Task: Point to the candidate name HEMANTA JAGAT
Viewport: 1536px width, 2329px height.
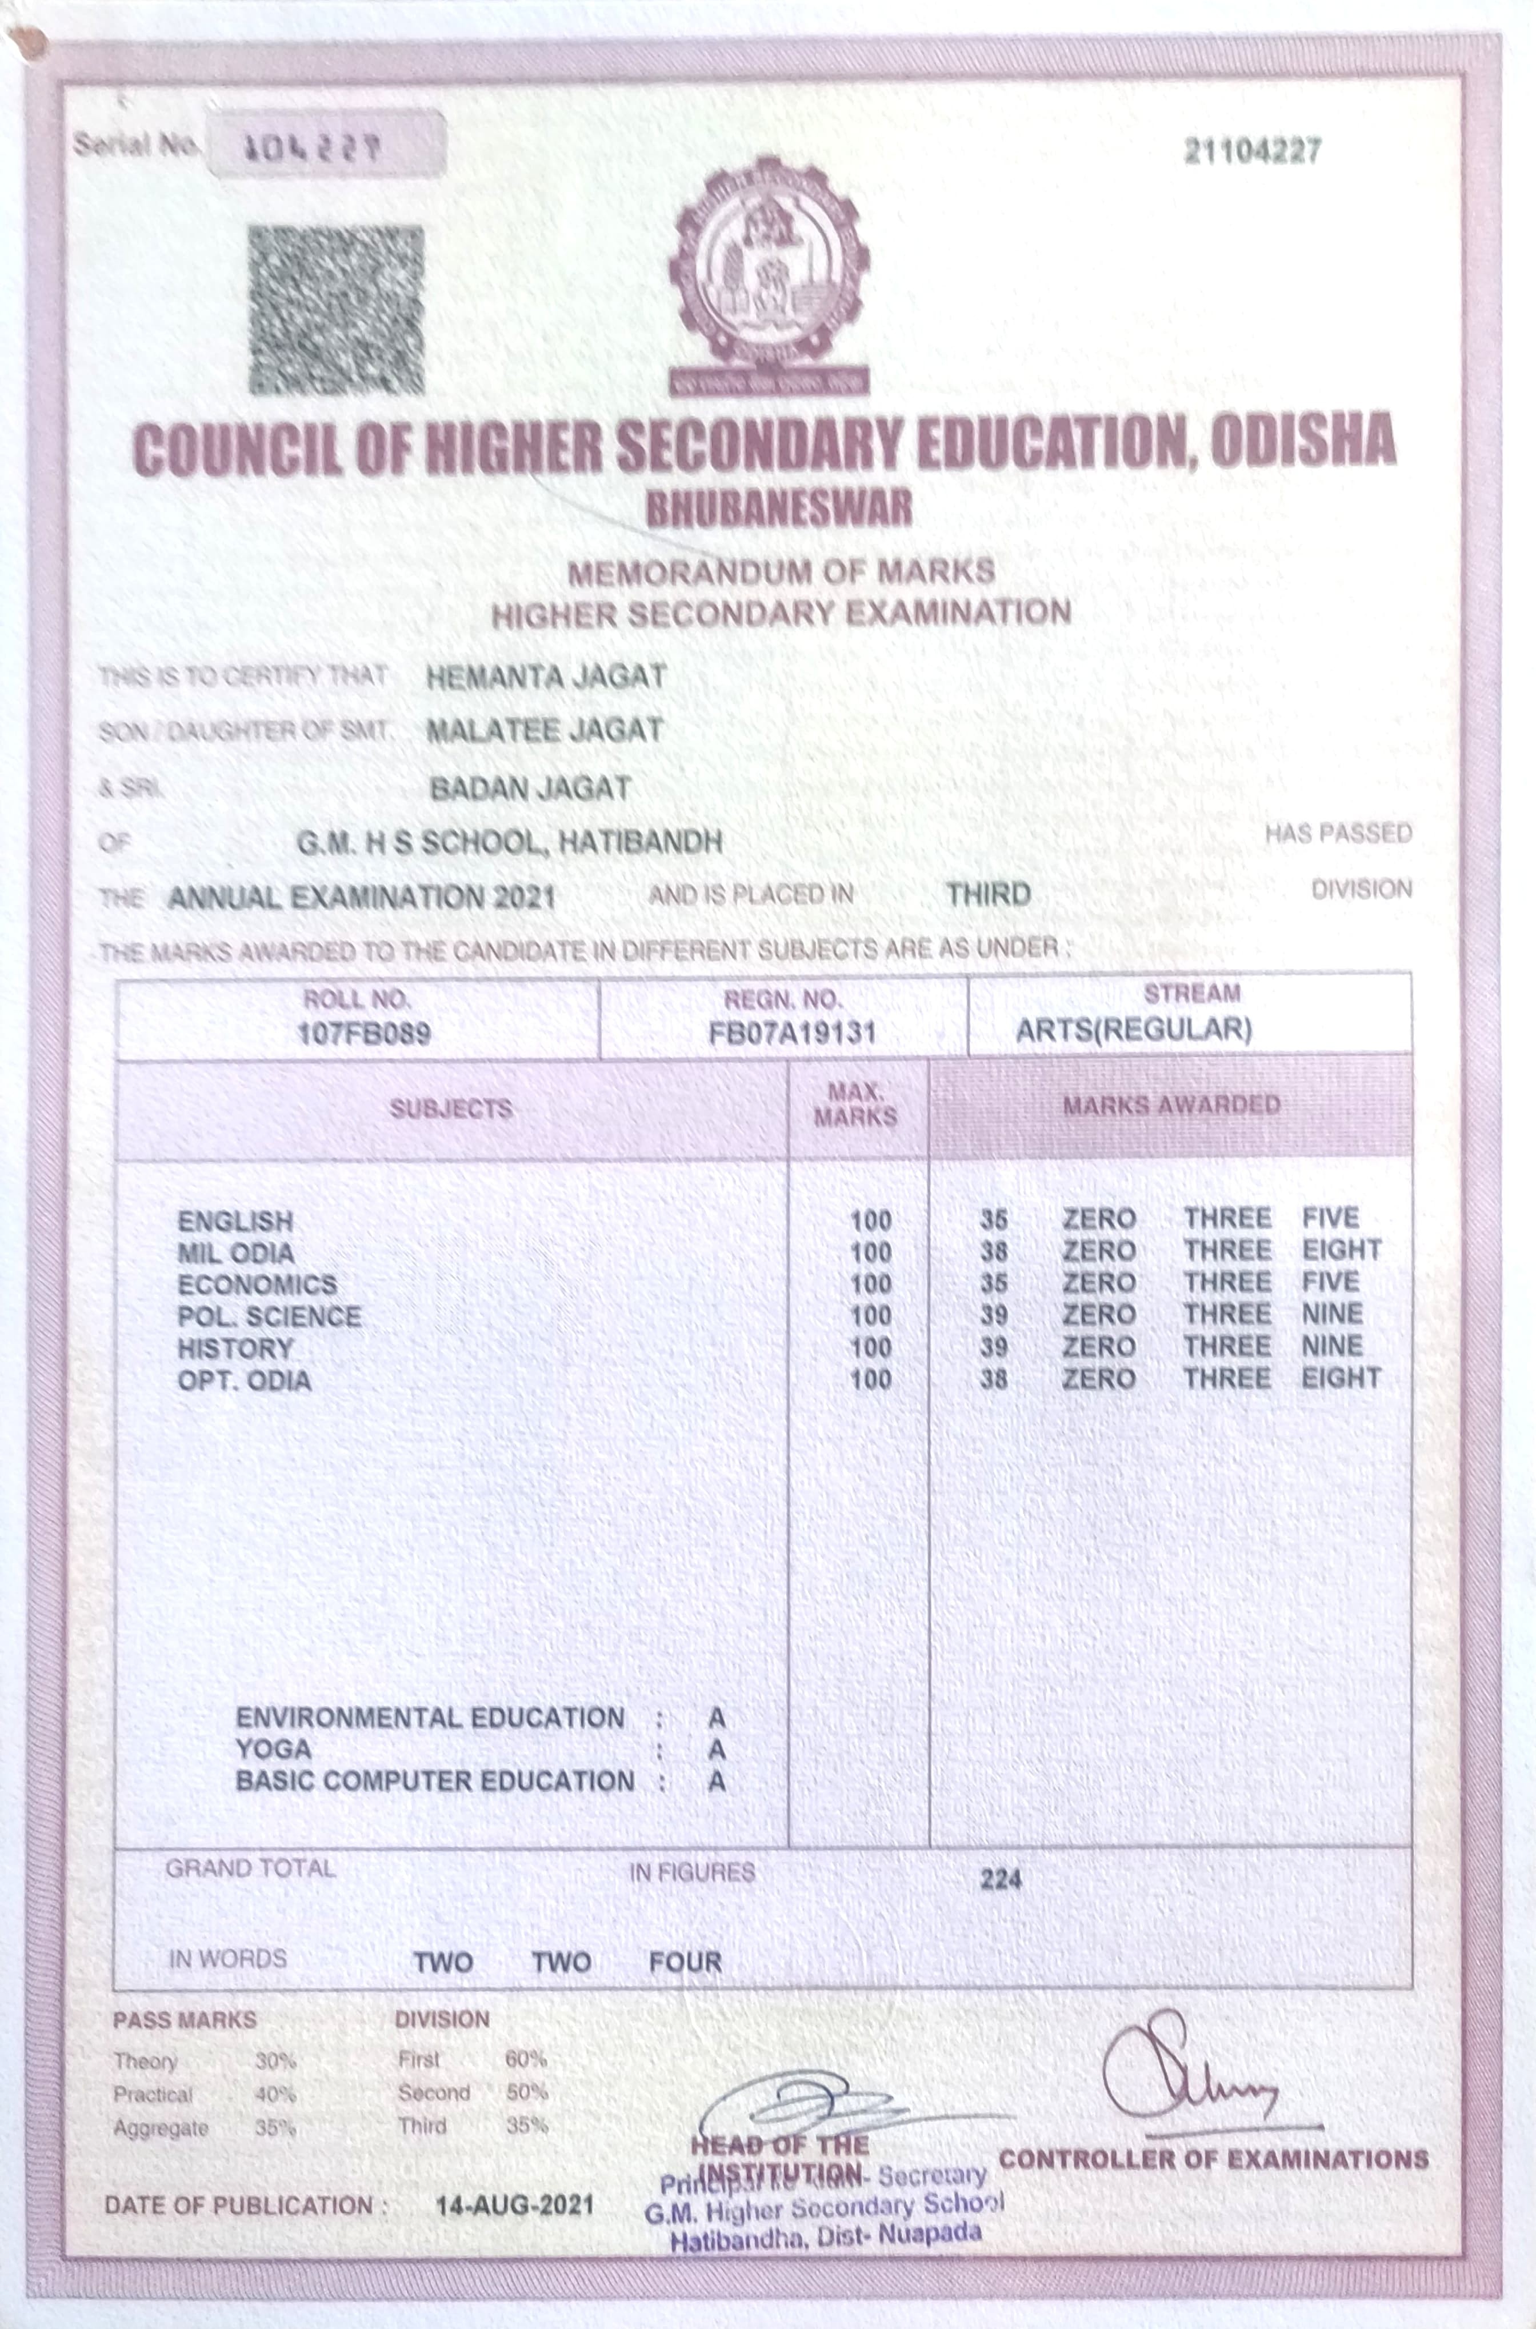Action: [x=546, y=676]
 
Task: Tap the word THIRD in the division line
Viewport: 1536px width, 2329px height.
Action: [x=989, y=894]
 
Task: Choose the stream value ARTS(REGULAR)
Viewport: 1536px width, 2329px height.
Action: [x=1133, y=1029]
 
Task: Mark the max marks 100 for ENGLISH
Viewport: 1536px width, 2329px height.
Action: [x=870, y=1221]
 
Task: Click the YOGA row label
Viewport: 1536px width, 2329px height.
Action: [x=273, y=1749]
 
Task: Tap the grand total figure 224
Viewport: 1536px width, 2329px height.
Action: [x=1000, y=1879]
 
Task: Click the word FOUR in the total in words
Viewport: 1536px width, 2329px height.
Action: [x=685, y=1962]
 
